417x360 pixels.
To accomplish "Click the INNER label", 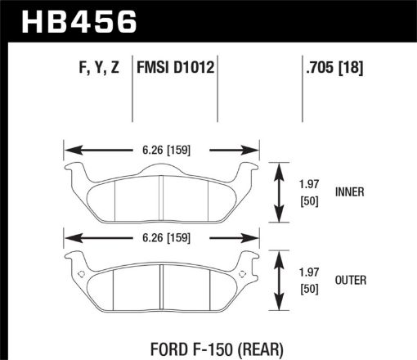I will (x=349, y=192).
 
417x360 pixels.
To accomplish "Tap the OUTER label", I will (x=350, y=281).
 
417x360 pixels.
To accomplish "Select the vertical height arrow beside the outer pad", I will (x=280, y=281).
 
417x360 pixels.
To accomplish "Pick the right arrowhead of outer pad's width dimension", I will (x=252, y=240).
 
